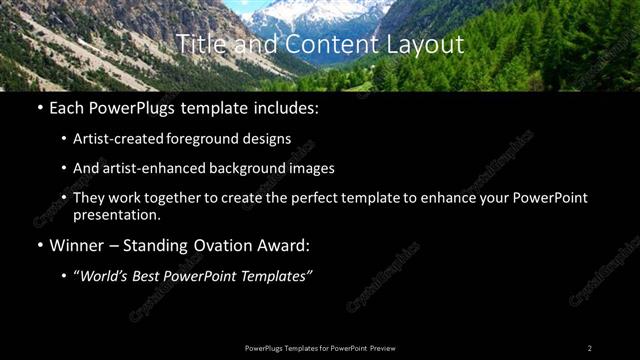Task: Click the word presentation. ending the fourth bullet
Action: click(115, 214)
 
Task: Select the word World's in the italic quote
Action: click(106, 276)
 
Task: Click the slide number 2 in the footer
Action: click(590, 347)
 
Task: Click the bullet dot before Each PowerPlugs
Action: click(39, 108)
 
